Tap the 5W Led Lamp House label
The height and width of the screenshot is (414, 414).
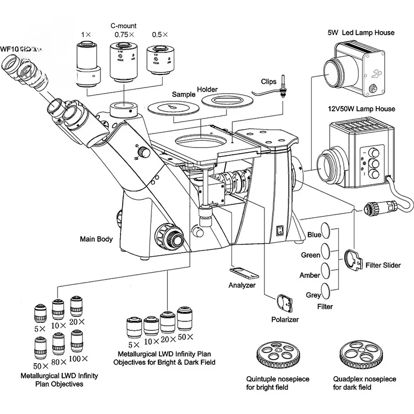[x=360, y=33]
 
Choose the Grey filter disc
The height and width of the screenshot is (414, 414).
[x=326, y=290]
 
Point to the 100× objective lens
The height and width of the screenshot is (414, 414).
[x=77, y=342]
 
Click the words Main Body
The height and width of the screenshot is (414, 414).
[x=97, y=239]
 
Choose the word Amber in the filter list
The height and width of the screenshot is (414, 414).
[x=309, y=275]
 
